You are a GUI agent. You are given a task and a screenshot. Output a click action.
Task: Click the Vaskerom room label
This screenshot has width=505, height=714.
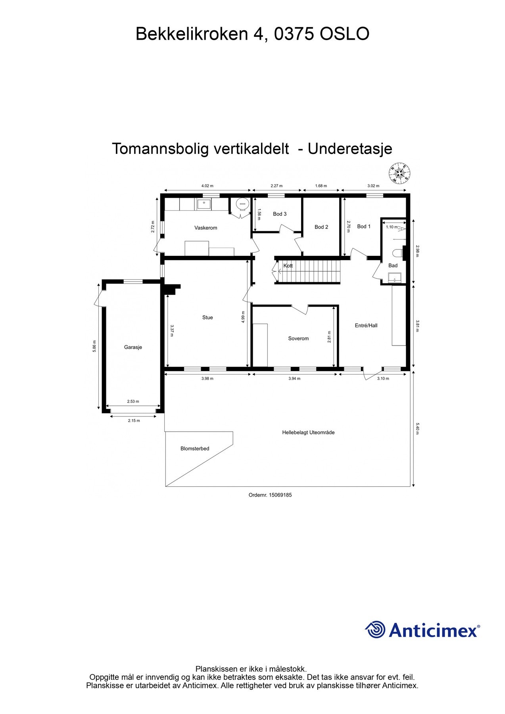[x=205, y=228]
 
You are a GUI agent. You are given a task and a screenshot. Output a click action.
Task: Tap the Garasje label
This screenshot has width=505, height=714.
[x=133, y=347]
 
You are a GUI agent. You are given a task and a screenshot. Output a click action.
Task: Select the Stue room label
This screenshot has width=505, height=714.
[x=207, y=317]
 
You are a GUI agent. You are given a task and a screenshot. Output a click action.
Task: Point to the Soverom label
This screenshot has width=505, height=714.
[x=298, y=338]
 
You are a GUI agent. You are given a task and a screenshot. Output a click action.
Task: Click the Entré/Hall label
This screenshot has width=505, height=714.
[x=366, y=325]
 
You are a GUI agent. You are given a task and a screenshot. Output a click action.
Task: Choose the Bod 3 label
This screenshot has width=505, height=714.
[x=280, y=214]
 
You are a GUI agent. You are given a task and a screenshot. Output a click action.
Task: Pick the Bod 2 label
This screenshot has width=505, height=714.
[x=321, y=227]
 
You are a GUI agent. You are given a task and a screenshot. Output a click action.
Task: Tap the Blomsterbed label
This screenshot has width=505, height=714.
[x=195, y=449]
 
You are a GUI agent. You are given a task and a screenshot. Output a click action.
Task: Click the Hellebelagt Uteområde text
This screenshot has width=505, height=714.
[x=308, y=432]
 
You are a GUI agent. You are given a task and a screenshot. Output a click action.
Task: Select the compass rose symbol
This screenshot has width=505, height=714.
[x=399, y=173]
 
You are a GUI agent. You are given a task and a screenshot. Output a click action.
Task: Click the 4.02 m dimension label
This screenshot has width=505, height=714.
[x=207, y=186]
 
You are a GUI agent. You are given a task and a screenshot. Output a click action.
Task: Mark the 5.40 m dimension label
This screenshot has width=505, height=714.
[x=417, y=428]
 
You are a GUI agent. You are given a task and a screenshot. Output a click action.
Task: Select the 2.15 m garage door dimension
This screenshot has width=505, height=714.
[x=134, y=420]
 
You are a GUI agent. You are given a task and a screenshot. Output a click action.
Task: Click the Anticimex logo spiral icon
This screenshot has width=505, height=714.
[x=375, y=630]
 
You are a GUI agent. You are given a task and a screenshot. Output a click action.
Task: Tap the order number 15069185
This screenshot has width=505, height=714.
[x=280, y=495]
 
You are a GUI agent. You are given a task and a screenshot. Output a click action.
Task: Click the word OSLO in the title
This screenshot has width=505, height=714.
[x=344, y=34]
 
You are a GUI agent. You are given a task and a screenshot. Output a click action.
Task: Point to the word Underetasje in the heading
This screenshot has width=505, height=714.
[x=350, y=149]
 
